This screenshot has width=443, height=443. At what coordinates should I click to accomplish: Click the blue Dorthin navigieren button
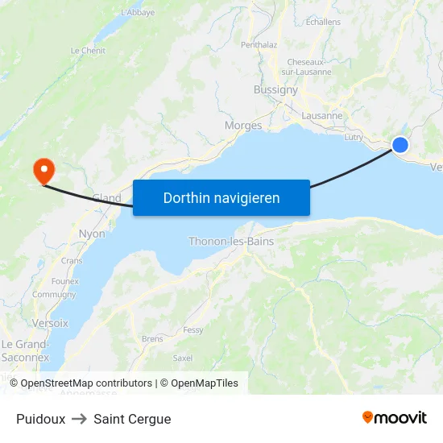(221, 197)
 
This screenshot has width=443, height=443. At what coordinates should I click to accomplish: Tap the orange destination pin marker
(42, 169)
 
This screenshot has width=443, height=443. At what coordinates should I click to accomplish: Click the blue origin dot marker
(400, 145)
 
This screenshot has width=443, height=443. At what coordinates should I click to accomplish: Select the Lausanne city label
(321, 115)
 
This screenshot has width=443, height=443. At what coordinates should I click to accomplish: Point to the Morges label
(243, 125)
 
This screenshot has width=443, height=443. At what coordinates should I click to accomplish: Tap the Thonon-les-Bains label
(231, 241)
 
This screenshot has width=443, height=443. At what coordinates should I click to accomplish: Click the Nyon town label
(92, 234)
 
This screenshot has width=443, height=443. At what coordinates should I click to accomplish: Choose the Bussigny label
(275, 89)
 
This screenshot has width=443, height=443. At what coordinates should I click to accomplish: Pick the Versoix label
(51, 322)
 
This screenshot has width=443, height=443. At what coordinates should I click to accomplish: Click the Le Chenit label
(88, 50)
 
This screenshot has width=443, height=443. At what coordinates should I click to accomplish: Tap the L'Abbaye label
(138, 13)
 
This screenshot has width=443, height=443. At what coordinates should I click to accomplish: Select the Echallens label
(323, 22)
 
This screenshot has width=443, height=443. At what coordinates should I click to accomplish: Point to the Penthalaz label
(259, 45)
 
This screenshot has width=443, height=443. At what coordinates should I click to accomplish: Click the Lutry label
(354, 138)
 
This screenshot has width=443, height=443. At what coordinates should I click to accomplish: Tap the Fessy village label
(193, 330)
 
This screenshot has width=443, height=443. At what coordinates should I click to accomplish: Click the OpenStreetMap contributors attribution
(86, 383)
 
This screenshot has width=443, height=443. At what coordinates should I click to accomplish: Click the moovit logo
(394, 417)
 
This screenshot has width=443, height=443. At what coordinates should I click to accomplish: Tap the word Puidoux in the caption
(40, 419)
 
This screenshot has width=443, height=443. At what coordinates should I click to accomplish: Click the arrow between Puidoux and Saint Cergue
(79, 419)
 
